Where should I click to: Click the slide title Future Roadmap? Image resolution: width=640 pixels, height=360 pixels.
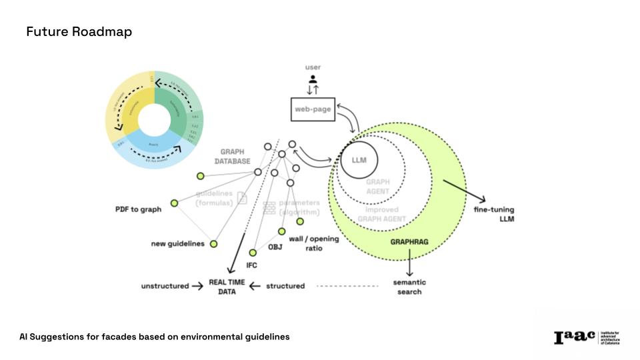click(x=79, y=32)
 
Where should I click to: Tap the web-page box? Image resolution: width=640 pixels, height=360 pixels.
click(x=313, y=109)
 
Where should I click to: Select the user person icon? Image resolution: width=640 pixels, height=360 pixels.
click(x=313, y=79)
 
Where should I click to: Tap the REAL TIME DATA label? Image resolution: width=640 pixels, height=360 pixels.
click(x=227, y=286)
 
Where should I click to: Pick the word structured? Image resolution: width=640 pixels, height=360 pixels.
click(x=285, y=286)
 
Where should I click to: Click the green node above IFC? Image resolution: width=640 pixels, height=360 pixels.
click(x=253, y=253)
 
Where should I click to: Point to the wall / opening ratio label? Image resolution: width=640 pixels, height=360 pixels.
click(x=305, y=243)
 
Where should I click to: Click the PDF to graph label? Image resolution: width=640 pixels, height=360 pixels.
click(x=138, y=209)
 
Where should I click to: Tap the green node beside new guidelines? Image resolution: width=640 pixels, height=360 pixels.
click(x=213, y=244)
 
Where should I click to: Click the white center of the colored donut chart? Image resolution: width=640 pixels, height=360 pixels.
click(x=155, y=120)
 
